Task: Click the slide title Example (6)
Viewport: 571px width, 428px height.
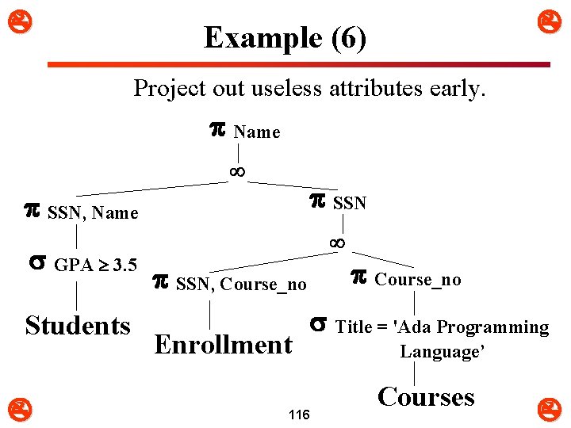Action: click(285, 37)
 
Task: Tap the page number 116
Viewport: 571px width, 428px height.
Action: click(299, 415)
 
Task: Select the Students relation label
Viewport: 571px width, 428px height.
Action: click(78, 326)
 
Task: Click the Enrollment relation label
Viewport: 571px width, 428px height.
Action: click(223, 345)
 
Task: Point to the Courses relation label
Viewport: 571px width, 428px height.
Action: click(426, 396)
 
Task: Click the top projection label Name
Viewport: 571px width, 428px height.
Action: click(256, 132)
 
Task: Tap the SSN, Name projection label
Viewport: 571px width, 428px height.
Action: click(93, 212)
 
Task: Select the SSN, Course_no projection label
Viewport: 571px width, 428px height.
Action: click(241, 284)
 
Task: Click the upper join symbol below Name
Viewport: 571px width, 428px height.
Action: click(236, 170)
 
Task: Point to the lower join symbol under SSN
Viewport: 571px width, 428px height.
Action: click(337, 243)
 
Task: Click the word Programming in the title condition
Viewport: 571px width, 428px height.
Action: click(492, 327)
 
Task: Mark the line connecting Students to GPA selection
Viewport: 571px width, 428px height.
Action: click(76, 296)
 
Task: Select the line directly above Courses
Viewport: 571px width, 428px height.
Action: click(415, 373)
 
